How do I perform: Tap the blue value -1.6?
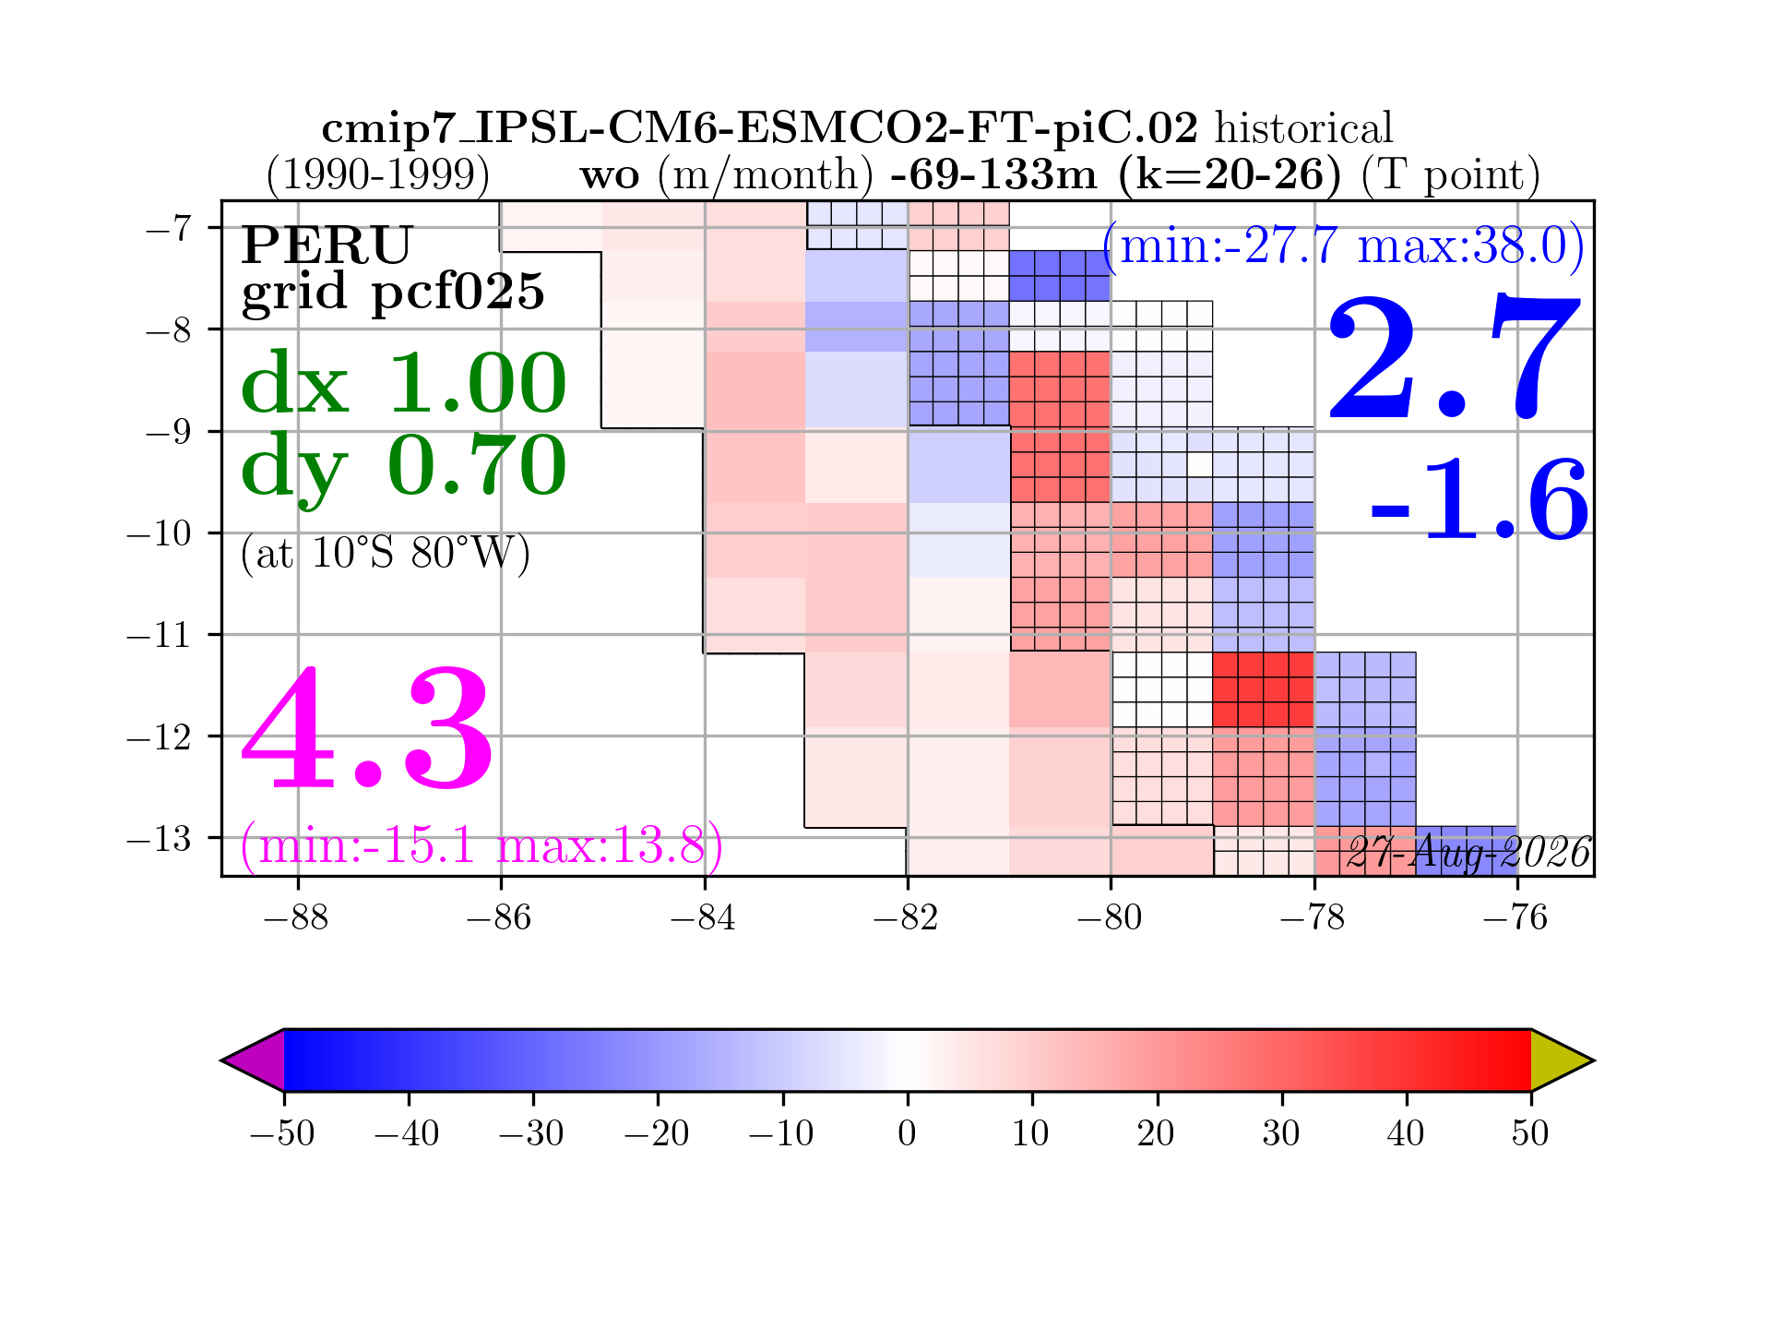pos(1480,501)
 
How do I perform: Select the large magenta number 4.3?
pos(367,729)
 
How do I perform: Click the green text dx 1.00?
pos(403,383)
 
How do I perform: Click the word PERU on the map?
pos(327,245)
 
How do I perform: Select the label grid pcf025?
pos(393,293)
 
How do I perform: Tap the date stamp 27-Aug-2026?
pos(1468,853)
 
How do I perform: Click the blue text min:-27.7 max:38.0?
pos(1344,247)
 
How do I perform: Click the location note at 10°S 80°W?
pos(385,554)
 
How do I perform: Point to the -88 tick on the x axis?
pos(296,917)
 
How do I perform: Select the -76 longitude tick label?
pos(1516,917)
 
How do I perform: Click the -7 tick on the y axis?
pos(168,228)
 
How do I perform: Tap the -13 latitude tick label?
pos(159,839)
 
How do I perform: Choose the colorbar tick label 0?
pos(908,1132)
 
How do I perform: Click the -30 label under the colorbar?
pos(532,1132)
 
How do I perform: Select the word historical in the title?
pos(1303,128)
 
